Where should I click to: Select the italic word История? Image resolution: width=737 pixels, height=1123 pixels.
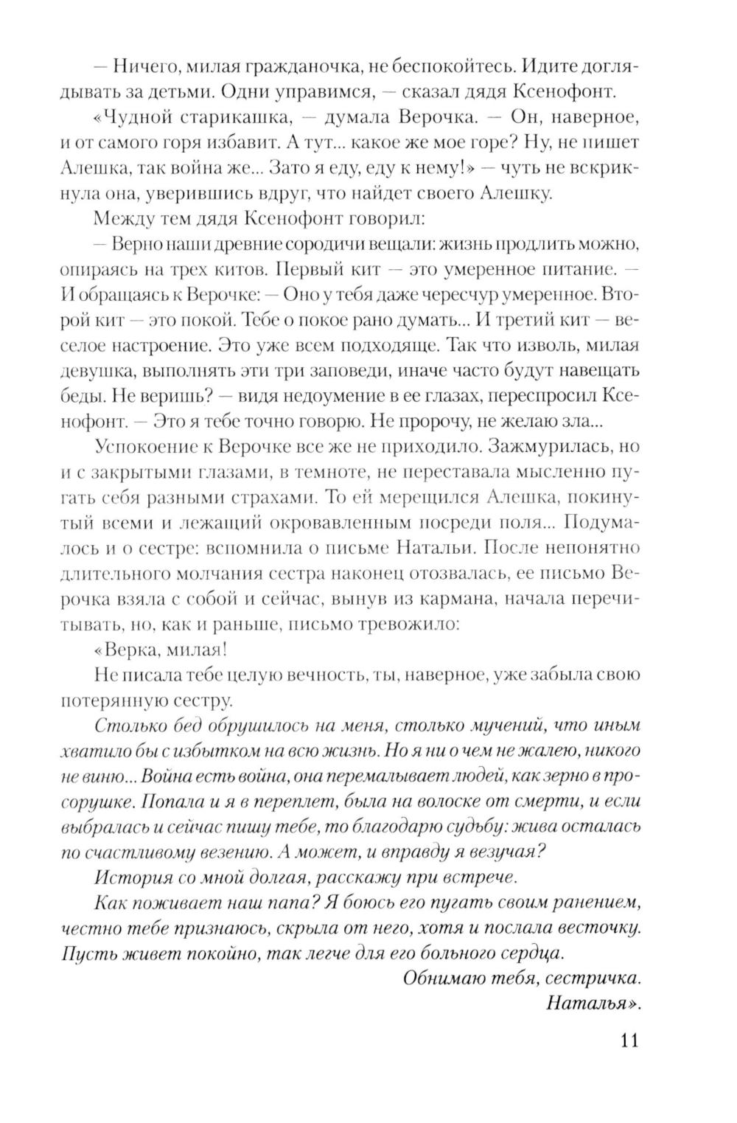point(133,876)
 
